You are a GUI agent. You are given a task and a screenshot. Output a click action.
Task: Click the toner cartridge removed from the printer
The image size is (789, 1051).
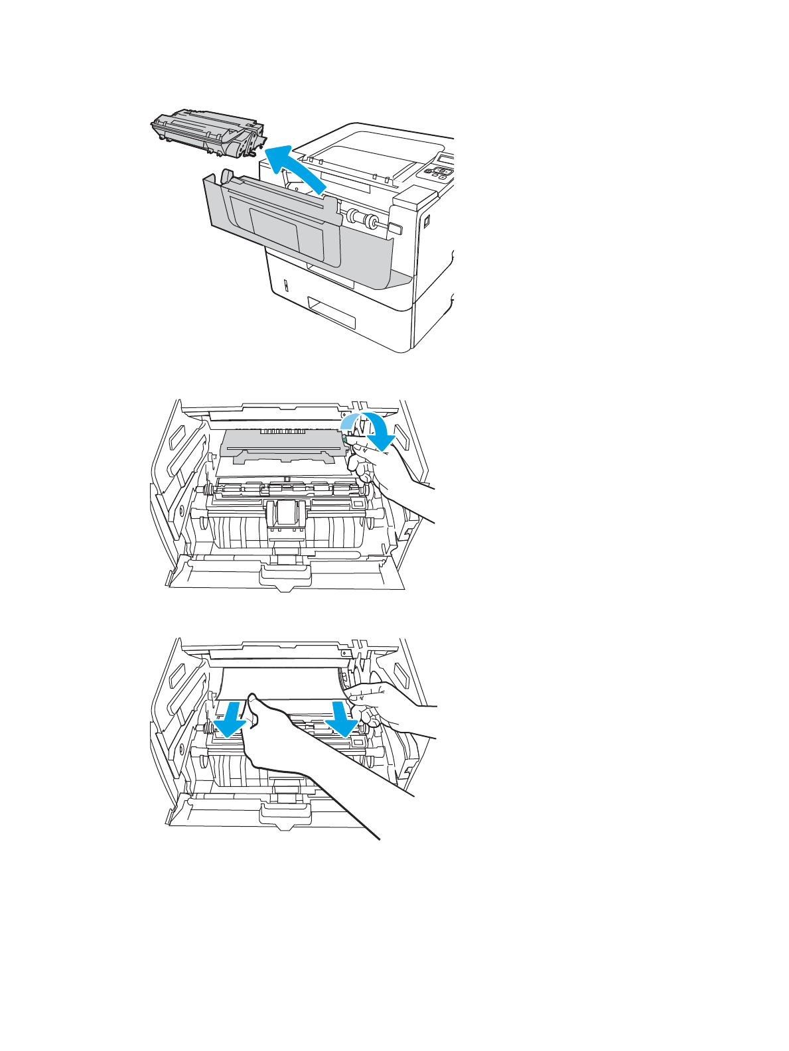pyautogui.click(x=206, y=133)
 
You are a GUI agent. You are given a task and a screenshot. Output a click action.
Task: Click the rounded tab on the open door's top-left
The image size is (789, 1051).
pyautogui.click(x=226, y=176)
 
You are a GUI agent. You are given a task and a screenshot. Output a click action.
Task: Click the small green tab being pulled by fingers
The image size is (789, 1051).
pyautogui.click(x=347, y=439)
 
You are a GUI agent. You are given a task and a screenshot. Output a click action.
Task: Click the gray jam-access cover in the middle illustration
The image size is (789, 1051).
pyautogui.click(x=282, y=445)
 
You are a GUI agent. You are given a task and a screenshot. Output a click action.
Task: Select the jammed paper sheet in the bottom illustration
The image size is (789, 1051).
pyautogui.click(x=285, y=683)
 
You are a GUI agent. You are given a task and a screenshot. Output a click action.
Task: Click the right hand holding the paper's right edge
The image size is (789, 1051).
pyautogui.click(x=385, y=703)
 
